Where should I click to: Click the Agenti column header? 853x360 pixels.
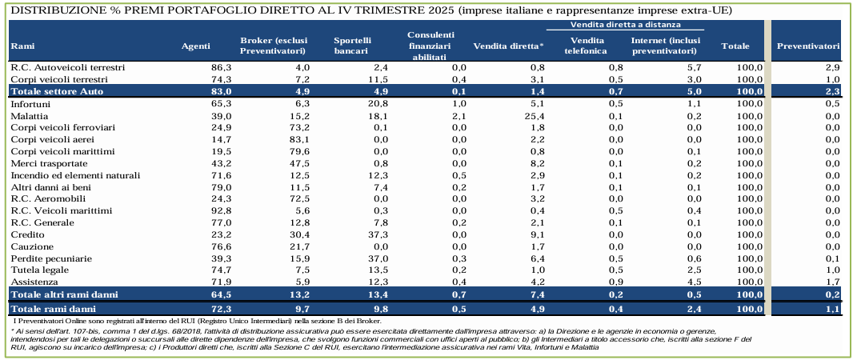pos(196,46)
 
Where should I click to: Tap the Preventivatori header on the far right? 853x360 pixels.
pos(808,46)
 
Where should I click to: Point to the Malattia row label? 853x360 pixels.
pos(29,116)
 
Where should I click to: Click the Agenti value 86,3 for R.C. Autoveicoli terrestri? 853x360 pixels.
pos(220,68)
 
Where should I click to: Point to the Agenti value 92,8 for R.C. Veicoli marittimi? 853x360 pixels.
pos(220,210)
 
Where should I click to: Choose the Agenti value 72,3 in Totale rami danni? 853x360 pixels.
pos(219,308)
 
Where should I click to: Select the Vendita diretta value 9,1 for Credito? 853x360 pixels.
pos(535,234)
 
